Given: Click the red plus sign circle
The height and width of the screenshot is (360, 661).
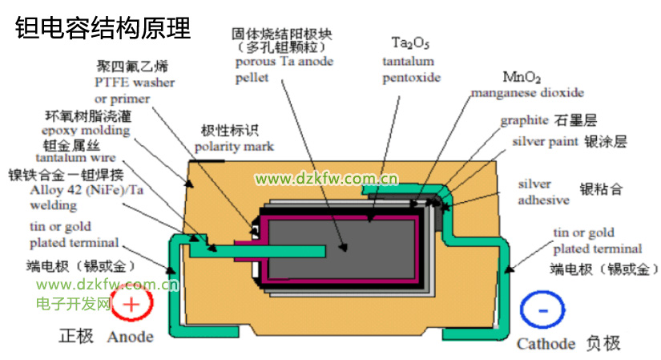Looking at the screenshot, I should (131, 305).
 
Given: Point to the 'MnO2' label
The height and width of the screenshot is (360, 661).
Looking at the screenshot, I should (522, 78).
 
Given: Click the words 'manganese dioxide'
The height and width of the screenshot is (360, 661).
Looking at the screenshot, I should (526, 93).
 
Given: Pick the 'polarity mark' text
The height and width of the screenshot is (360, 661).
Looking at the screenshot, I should (234, 147).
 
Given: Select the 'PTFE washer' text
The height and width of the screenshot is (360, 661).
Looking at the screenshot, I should (135, 82).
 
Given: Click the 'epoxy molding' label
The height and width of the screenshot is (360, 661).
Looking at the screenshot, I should (85, 130).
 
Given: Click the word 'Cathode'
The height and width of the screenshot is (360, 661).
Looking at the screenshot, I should (546, 344).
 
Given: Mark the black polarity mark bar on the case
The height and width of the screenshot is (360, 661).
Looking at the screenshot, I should (207, 160).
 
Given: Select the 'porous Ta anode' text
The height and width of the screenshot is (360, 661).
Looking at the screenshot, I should (284, 62).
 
